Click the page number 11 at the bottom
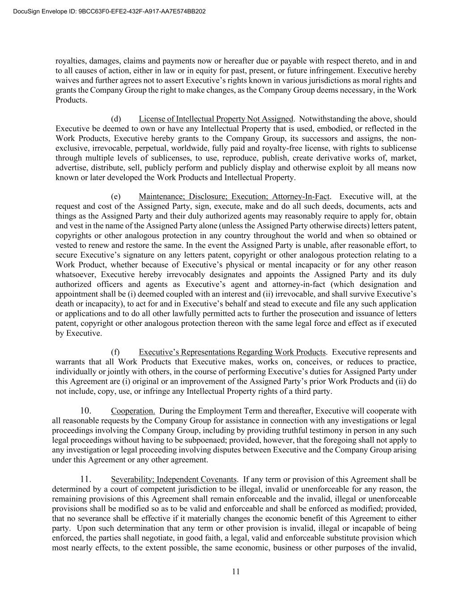(x=236, y=572)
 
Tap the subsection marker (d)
(x=116, y=119)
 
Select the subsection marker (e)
(x=116, y=197)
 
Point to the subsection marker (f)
(x=115, y=352)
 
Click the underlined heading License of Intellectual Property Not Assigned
(x=216, y=119)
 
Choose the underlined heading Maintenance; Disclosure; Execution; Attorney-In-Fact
(x=234, y=197)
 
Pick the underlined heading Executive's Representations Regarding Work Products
(x=232, y=352)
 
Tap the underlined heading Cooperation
(x=133, y=411)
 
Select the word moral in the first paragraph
(x=370, y=81)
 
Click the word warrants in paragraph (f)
(x=70, y=362)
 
